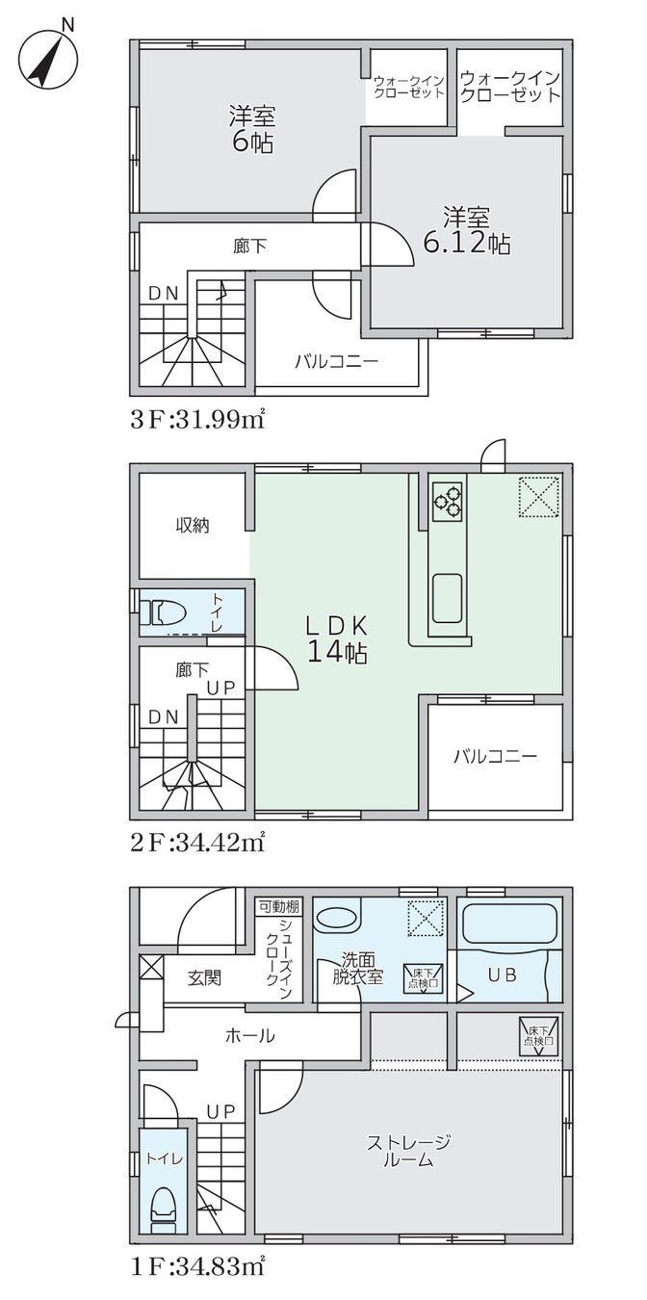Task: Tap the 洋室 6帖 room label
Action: pyautogui.click(x=251, y=129)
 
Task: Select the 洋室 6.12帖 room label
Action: pyautogui.click(x=467, y=230)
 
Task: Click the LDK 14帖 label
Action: pyautogui.click(x=337, y=639)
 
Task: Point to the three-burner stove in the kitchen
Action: pyautogui.click(x=447, y=500)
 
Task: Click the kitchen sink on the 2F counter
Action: pyautogui.click(x=447, y=597)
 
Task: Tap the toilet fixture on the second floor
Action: pyautogui.click(x=162, y=612)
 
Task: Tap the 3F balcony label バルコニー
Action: pyautogui.click(x=337, y=362)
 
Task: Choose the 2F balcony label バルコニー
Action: pyautogui.click(x=496, y=756)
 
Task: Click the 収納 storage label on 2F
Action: pyautogui.click(x=193, y=526)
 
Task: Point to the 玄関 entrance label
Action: pyautogui.click(x=204, y=977)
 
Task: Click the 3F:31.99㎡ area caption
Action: pyautogui.click(x=197, y=419)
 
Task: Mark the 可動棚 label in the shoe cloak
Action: pyautogui.click(x=279, y=906)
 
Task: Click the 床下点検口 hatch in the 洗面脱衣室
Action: pyautogui.click(x=424, y=978)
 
